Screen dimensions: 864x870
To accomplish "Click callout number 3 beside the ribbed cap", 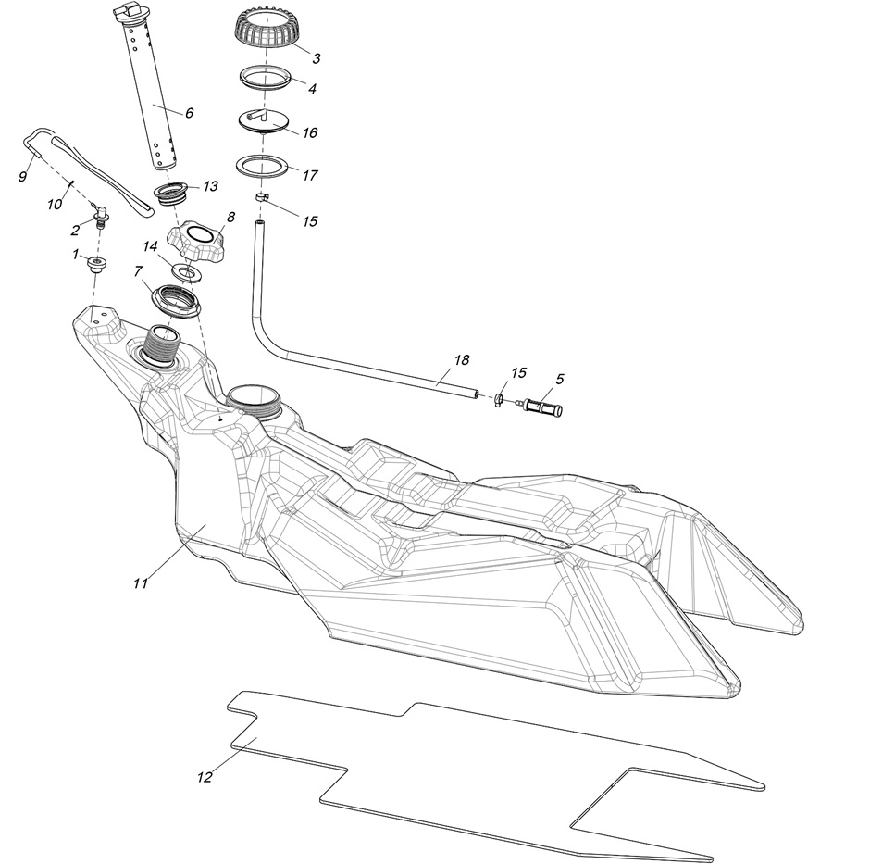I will pyautogui.click(x=316, y=58).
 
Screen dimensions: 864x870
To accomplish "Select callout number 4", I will pyautogui.click(x=313, y=90).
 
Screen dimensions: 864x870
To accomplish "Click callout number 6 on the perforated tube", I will pyautogui.click(x=189, y=113).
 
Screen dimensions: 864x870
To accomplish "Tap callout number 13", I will pyautogui.click(x=210, y=186).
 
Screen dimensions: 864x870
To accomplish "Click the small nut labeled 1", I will pyautogui.click(x=96, y=266).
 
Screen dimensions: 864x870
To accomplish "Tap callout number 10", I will pyautogui.click(x=56, y=203).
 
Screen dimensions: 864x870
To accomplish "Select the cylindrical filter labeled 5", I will pyautogui.click(x=544, y=407).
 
